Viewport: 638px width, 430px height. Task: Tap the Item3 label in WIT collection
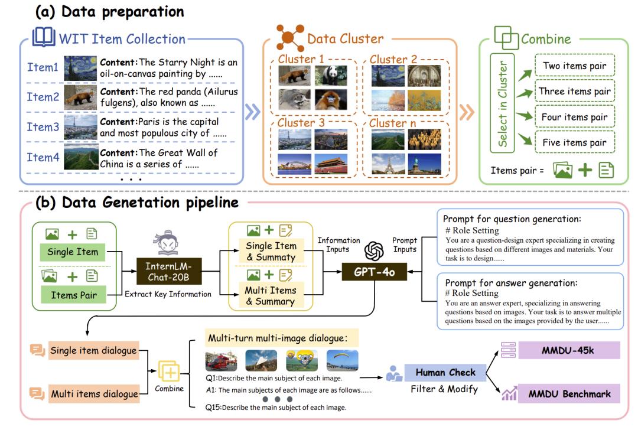[x=43, y=127]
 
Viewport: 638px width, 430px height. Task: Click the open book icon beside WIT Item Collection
[x=43, y=38]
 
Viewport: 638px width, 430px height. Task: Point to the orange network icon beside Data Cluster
[x=290, y=37]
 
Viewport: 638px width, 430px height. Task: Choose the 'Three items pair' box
[x=575, y=92]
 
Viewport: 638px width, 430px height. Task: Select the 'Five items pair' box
[x=575, y=142]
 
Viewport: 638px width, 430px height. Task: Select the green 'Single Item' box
[x=73, y=252]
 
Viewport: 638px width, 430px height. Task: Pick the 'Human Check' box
[x=445, y=373]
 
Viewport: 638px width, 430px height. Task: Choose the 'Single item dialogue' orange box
[x=93, y=351]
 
